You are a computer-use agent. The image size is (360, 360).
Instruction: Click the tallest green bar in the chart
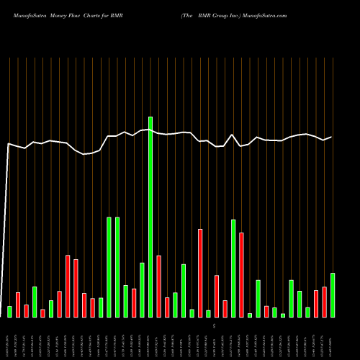point(150,216)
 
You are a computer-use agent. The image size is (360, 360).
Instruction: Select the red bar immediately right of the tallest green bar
point(158,286)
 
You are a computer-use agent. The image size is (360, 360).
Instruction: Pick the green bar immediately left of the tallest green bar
point(142,289)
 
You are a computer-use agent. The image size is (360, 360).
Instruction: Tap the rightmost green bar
point(333,294)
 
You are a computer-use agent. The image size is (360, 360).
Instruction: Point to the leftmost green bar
point(9,311)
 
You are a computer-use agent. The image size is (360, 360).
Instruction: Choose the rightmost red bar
point(324,302)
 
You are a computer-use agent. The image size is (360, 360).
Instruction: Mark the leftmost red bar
point(18,305)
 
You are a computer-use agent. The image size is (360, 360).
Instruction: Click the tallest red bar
point(200,273)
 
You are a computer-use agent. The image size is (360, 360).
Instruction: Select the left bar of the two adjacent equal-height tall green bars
point(109,266)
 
